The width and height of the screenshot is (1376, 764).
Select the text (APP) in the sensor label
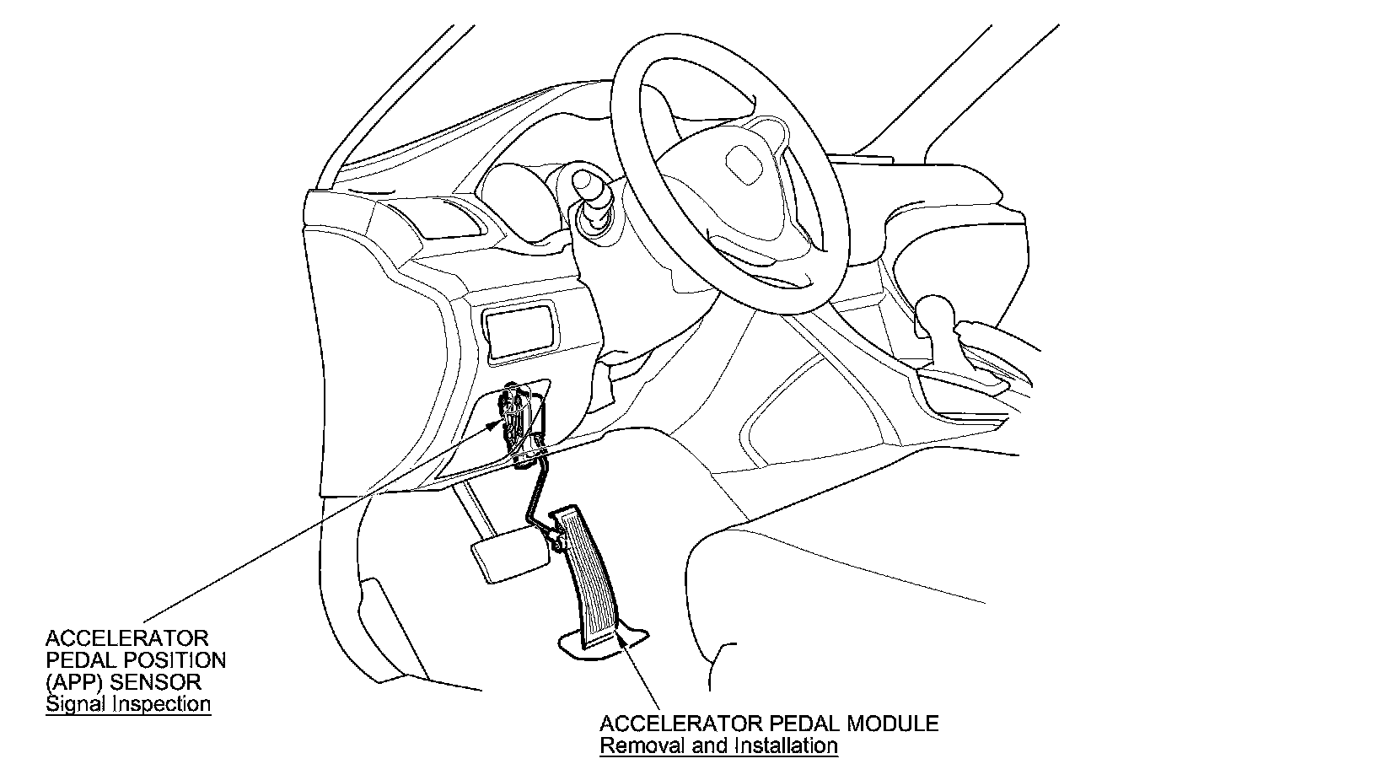[x=70, y=681]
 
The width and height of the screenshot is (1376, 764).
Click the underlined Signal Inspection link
[x=128, y=703]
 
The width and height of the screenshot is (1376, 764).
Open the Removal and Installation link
[x=718, y=745]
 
